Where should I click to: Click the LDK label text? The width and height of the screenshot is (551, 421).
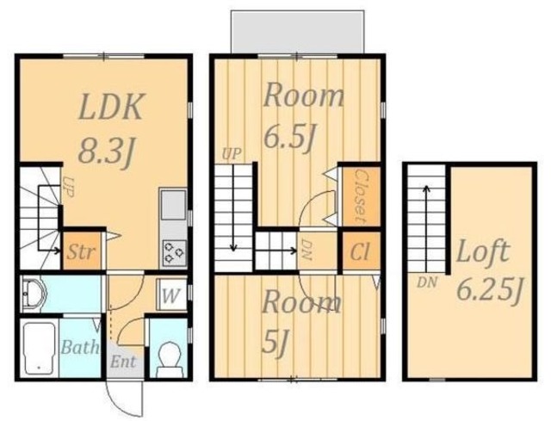click(x=111, y=107)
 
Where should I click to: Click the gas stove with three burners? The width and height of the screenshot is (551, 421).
click(x=174, y=251)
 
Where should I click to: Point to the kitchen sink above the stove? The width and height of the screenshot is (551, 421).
click(x=173, y=205)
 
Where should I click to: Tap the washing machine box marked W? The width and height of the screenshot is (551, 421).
click(x=170, y=294)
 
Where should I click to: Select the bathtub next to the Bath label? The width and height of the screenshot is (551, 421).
click(x=40, y=349)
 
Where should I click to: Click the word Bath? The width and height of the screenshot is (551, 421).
click(x=80, y=347)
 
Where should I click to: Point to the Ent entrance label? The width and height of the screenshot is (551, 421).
click(x=123, y=362)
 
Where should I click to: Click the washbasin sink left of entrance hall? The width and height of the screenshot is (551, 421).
click(x=34, y=294)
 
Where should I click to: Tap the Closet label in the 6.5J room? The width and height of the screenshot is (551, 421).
click(x=360, y=196)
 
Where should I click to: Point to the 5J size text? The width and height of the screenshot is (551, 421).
click(x=271, y=343)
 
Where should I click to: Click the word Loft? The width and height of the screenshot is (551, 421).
click(x=482, y=251)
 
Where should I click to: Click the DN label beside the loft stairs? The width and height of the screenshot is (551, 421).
click(x=427, y=282)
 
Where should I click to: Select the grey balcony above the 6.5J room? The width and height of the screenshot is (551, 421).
click(x=298, y=32)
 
